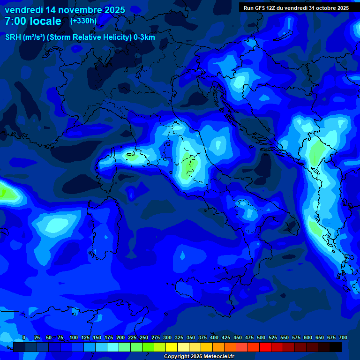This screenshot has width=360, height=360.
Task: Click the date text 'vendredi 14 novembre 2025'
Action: coord(65,10)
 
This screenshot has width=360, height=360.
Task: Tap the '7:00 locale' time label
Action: coord(33,21)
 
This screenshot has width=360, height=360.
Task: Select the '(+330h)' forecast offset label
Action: coord(83,21)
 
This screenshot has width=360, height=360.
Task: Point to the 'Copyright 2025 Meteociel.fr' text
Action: coord(199,357)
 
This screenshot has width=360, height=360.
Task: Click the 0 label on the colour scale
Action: coord(24,338)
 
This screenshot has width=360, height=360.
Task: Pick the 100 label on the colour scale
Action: coord(74,338)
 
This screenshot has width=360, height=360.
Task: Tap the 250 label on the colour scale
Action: coord(144,338)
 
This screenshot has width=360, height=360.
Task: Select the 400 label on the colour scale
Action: coord(214,338)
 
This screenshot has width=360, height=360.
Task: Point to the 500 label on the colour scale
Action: coord(261,338)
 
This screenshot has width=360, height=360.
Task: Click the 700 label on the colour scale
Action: coord(343,338)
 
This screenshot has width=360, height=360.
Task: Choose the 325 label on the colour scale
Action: coord(179,338)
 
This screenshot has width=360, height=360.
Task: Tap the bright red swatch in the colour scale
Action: coord(265,347)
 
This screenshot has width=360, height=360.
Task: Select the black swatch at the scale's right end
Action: coord(336,347)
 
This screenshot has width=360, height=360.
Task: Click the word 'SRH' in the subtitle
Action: coord(13,37)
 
